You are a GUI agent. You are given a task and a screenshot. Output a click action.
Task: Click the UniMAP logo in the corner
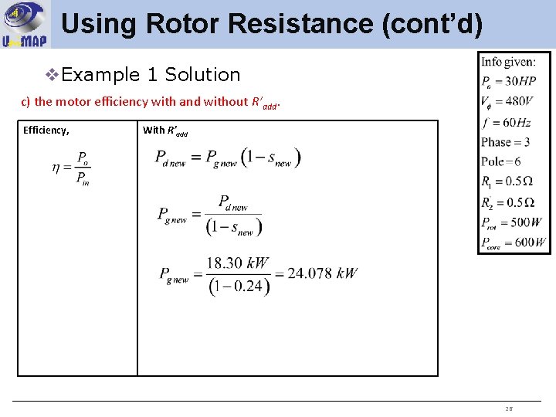tap(24, 24)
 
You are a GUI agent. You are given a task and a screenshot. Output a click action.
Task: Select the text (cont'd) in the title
tap(432, 24)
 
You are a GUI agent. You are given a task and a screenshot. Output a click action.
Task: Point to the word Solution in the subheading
tap(202, 75)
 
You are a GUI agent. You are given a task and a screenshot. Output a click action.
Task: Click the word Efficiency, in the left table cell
tap(46, 130)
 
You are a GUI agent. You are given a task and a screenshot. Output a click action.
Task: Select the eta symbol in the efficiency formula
tap(56, 168)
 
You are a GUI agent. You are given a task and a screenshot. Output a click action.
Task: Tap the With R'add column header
tap(164, 131)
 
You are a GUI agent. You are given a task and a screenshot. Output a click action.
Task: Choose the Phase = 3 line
tap(505, 142)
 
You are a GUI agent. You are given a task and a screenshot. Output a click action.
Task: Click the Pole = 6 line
tap(501, 161)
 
